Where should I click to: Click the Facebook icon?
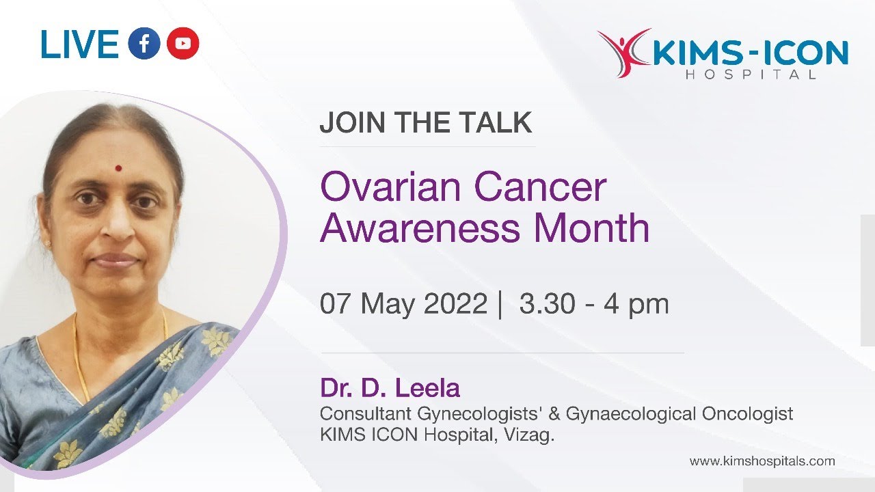point(144,44)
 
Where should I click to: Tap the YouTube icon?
point(183,44)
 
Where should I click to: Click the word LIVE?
point(80,44)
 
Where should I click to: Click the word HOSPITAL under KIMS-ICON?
point(751,74)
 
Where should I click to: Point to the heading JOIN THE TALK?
point(425,123)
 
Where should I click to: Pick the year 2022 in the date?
point(455,303)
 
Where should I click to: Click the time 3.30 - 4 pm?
point(593,303)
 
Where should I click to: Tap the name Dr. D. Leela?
point(390,388)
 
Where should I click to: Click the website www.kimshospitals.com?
point(762,461)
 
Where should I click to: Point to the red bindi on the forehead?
point(118,167)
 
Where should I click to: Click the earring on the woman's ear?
point(47,243)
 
